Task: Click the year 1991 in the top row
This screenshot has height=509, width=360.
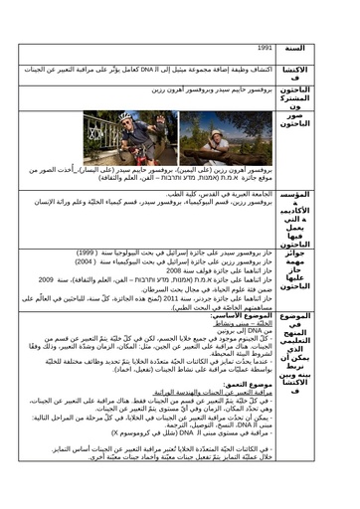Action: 264,48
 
